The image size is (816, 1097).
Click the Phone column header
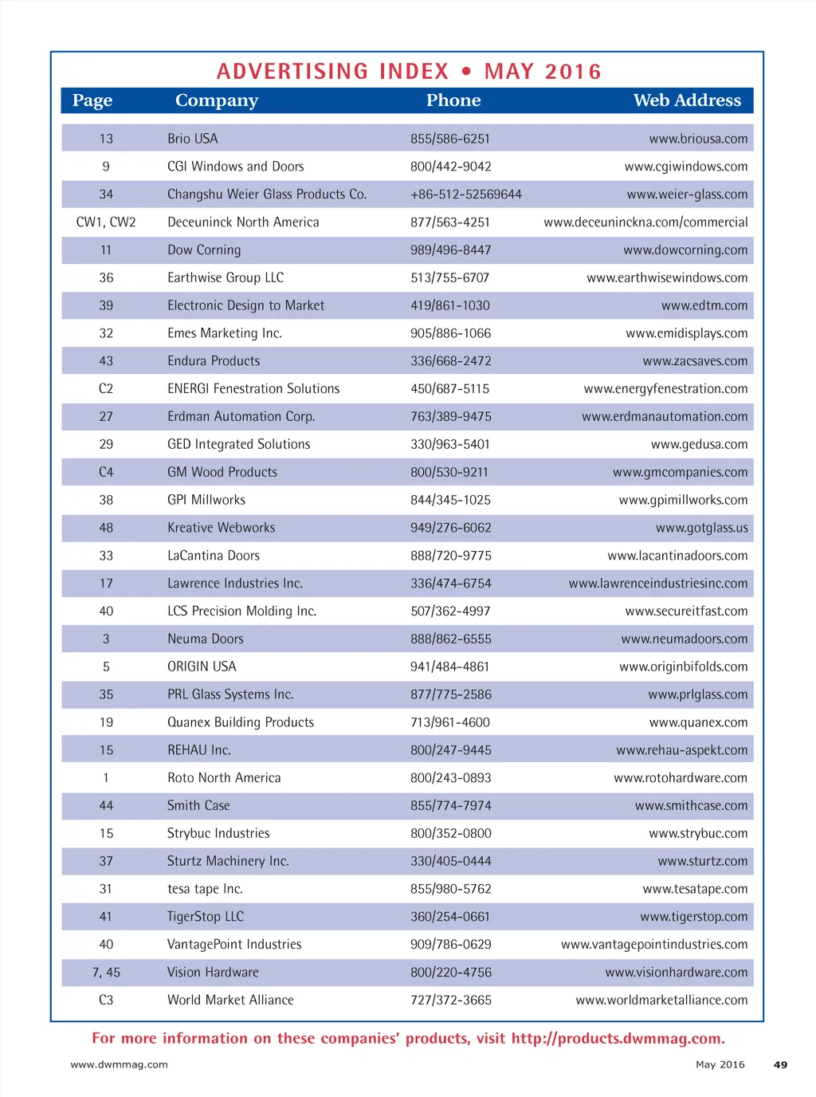pos(453,100)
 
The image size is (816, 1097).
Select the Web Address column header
pos(686,100)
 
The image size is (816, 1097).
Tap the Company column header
pos(217,100)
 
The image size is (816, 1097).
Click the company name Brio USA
pos(192,139)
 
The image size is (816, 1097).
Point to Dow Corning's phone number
pos(450,250)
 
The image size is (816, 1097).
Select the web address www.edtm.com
pos(704,305)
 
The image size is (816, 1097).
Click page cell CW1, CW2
pos(106,222)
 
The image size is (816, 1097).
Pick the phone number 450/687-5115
pos(449,389)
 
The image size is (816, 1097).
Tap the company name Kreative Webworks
pos(221,528)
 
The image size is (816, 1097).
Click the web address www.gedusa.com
pos(699,445)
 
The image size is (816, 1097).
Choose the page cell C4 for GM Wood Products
pos(106,473)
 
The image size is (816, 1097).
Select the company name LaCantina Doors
pos(213,556)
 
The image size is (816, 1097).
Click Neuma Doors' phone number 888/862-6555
pos(450,639)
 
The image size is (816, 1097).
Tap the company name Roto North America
pos(224,778)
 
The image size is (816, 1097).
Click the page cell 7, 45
pos(106,973)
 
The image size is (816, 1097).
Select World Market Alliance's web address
pos(661,1001)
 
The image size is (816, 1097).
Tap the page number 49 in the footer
pos(780,1064)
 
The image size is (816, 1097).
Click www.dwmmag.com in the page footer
pos(120,1064)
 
